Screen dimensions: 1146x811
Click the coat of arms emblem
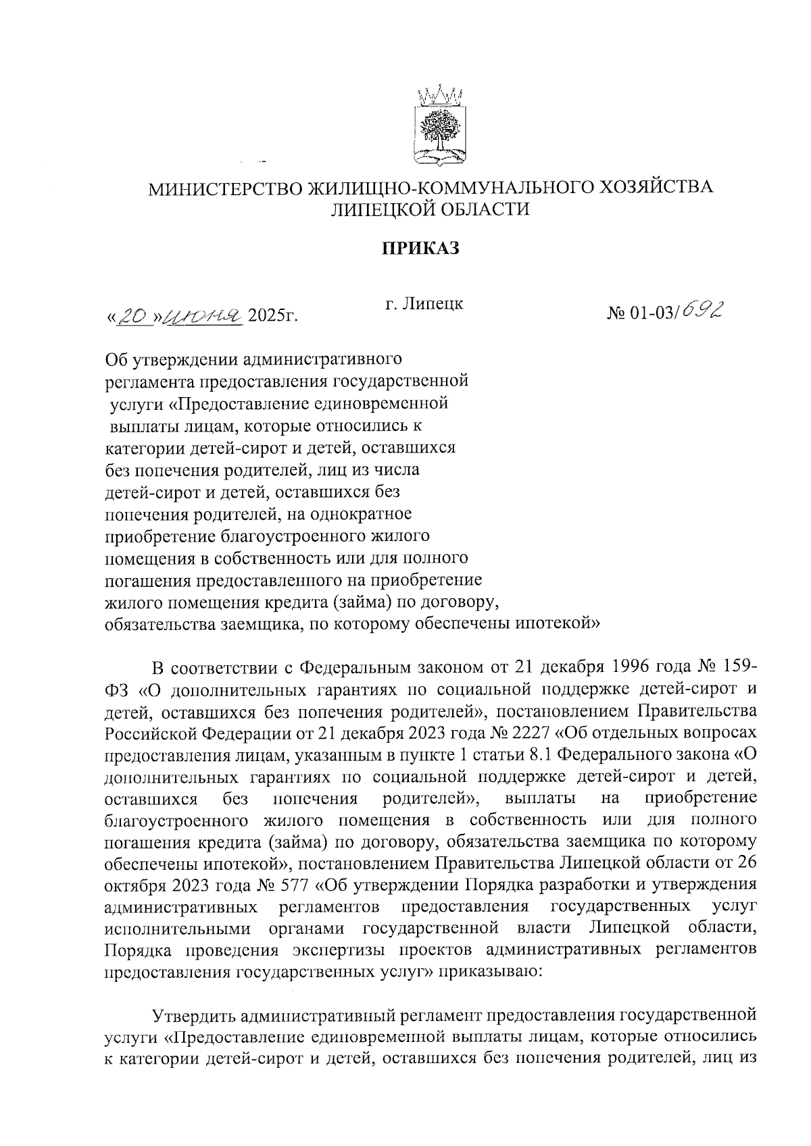pos(436,126)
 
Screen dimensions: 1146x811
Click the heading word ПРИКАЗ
pos(422,249)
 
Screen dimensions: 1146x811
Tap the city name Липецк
pos(434,304)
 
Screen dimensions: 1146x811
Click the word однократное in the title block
pos(360,515)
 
